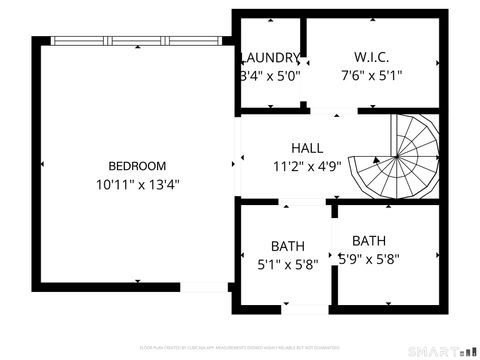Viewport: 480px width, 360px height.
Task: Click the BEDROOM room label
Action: [138, 165]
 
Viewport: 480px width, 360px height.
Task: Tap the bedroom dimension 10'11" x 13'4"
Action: [138, 184]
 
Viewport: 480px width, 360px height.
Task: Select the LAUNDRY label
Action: [271, 57]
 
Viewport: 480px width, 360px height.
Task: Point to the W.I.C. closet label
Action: [371, 57]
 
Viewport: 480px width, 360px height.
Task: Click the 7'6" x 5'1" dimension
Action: [371, 75]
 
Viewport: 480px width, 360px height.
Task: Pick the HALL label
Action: [307, 148]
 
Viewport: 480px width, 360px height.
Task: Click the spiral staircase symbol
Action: [404, 156]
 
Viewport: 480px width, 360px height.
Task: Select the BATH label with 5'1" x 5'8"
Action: [288, 246]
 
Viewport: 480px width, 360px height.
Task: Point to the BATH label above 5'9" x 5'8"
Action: [369, 240]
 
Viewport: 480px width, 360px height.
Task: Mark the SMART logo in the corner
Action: [439, 350]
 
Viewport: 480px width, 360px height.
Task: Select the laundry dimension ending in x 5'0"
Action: [271, 75]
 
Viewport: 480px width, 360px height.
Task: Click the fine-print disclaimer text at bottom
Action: [240, 347]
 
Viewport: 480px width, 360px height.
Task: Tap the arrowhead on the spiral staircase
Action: [377, 158]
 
